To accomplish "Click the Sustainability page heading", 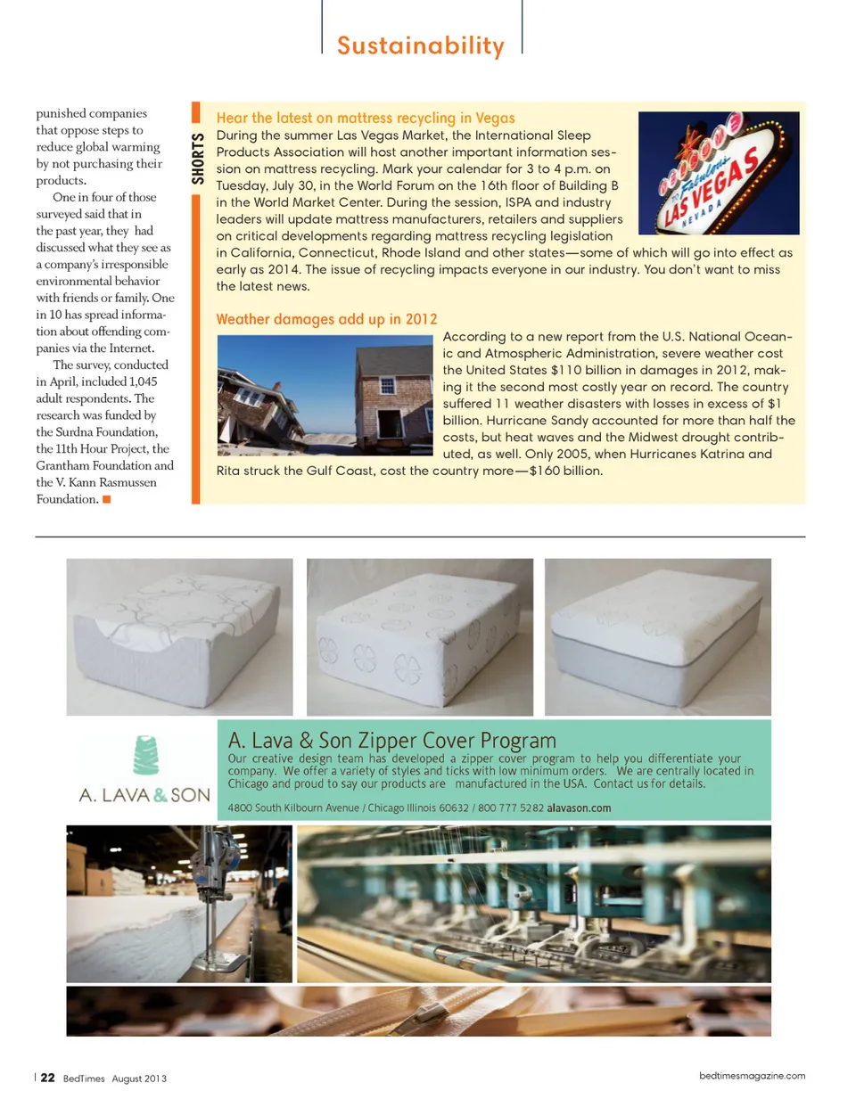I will (x=420, y=45).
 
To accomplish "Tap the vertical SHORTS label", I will (x=198, y=158).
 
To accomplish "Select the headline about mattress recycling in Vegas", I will (x=366, y=118).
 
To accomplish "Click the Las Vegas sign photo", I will (x=719, y=173).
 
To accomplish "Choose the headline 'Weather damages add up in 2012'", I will (x=326, y=319).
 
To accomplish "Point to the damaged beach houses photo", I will (x=325, y=395).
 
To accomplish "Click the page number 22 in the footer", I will (x=47, y=1078).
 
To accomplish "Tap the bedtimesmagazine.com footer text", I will (x=752, y=1076).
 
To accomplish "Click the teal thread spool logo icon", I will (x=146, y=755).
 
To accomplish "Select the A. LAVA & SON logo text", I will (x=144, y=795).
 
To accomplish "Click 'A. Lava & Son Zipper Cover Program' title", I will (x=392, y=740).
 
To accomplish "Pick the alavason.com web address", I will (x=579, y=808).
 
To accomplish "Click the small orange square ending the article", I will (x=107, y=499).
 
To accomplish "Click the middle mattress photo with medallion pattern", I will (x=419, y=636).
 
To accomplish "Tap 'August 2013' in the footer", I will (x=139, y=1078).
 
